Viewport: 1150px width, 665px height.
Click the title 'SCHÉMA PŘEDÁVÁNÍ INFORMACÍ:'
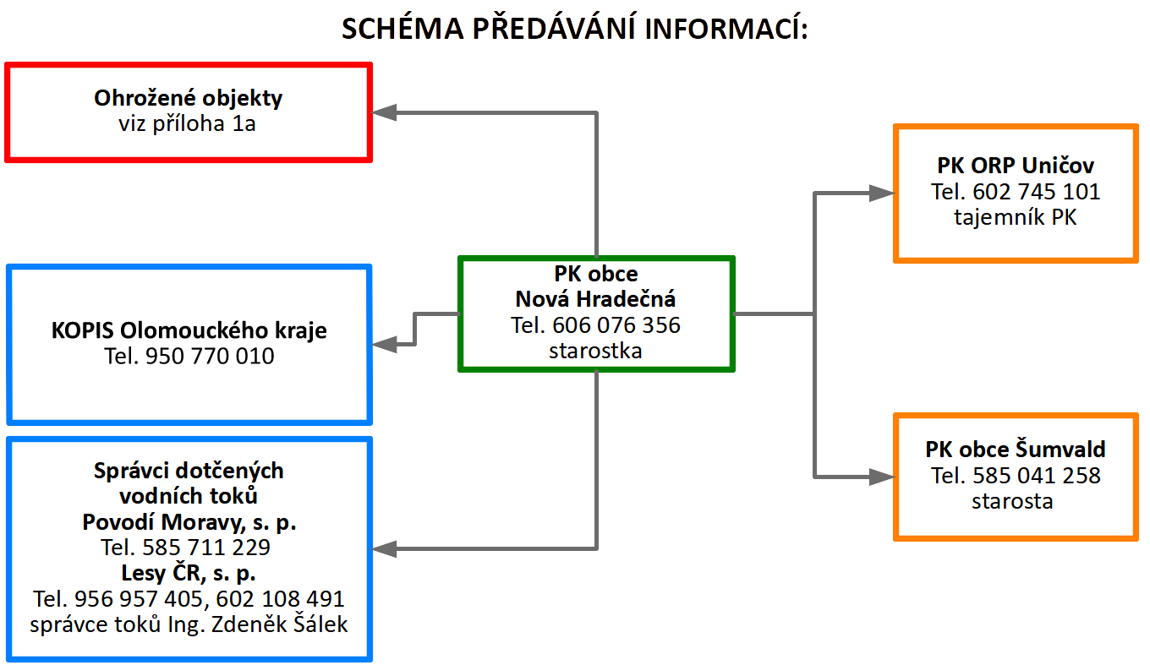pyautogui.click(x=575, y=28)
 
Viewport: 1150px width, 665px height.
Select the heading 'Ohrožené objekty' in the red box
pyautogui.click(x=189, y=99)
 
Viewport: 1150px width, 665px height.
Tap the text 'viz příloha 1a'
pyautogui.click(x=188, y=124)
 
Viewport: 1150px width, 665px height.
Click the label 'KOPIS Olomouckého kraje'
pyautogui.click(x=189, y=331)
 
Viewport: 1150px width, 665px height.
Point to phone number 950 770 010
pyautogui.click(x=210, y=356)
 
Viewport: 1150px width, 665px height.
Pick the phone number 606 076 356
pyautogui.click(x=616, y=325)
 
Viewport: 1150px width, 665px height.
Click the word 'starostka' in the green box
pyautogui.click(x=595, y=351)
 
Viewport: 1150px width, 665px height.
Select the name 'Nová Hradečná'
pyautogui.click(x=595, y=299)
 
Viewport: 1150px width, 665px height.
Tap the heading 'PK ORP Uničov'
pyautogui.click(x=1016, y=166)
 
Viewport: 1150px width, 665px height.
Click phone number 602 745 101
pyautogui.click(x=1037, y=192)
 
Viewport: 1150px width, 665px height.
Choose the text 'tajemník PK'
pyautogui.click(x=1016, y=217)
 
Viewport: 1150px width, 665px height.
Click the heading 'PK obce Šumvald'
pyautogui.click(x=1016, y=450)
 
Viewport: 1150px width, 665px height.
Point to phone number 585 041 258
pyautogui.click(x=1037, y=476)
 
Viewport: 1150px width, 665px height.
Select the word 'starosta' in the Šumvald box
pyautogui.click(x=1012, y=501)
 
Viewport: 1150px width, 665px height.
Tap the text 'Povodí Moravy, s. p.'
pyautogui.click(x=189, y=523)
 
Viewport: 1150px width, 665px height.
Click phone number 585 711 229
pyautogui.click(x=206, y=548)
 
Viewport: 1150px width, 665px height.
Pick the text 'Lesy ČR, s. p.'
pyautogui.click(x=189, y=573)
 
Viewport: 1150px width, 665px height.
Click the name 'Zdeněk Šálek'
pyautogui.click(x=279, y=624)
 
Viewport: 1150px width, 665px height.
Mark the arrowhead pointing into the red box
pyautogui.click(x=384, y=112)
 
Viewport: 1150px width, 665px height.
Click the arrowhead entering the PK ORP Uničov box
pyautogui.click(x=882, y=193)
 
